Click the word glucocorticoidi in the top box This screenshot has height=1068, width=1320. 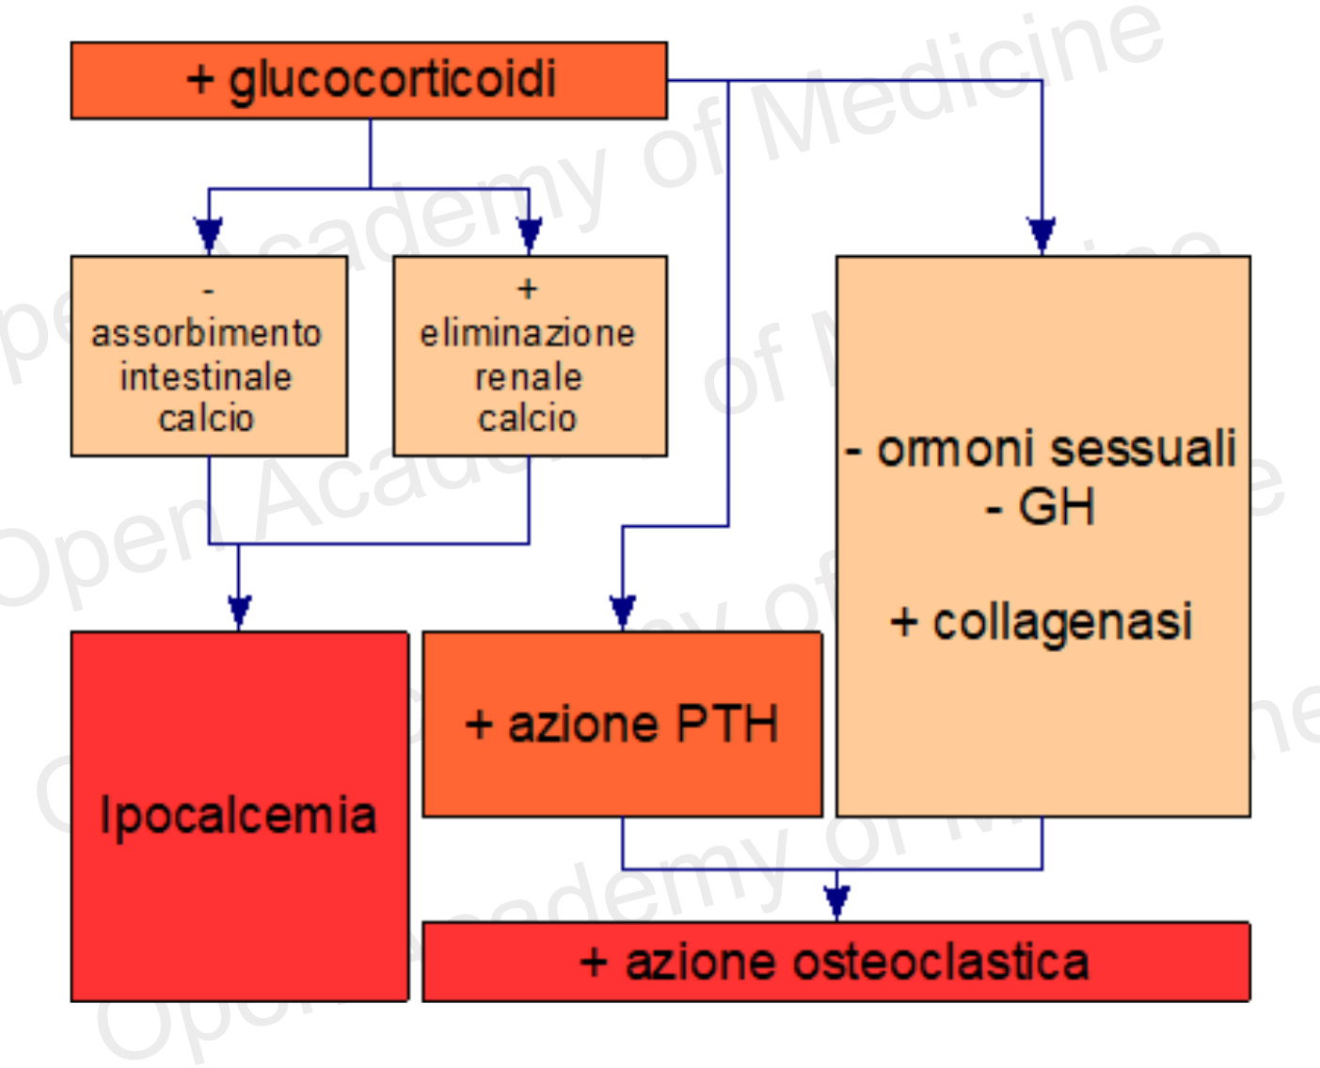(x=392, y=79)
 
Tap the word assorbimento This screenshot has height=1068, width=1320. (x=207, y=333)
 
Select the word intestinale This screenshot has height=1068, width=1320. (x=206, y=376)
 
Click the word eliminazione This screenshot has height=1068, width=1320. (x=528, y=333)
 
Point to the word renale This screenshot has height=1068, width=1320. (x=528, y=376)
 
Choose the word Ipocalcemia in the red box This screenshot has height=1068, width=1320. (x=238, y=815)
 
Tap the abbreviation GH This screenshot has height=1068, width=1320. (x=1057, y=508)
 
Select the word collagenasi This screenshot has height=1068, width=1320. (x=1063, y=622)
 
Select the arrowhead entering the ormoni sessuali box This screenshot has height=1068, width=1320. (x=1041, y=235)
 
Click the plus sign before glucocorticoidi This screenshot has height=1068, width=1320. (x=200, y=79)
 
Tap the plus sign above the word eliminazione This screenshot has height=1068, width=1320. (x=528, y=288)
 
